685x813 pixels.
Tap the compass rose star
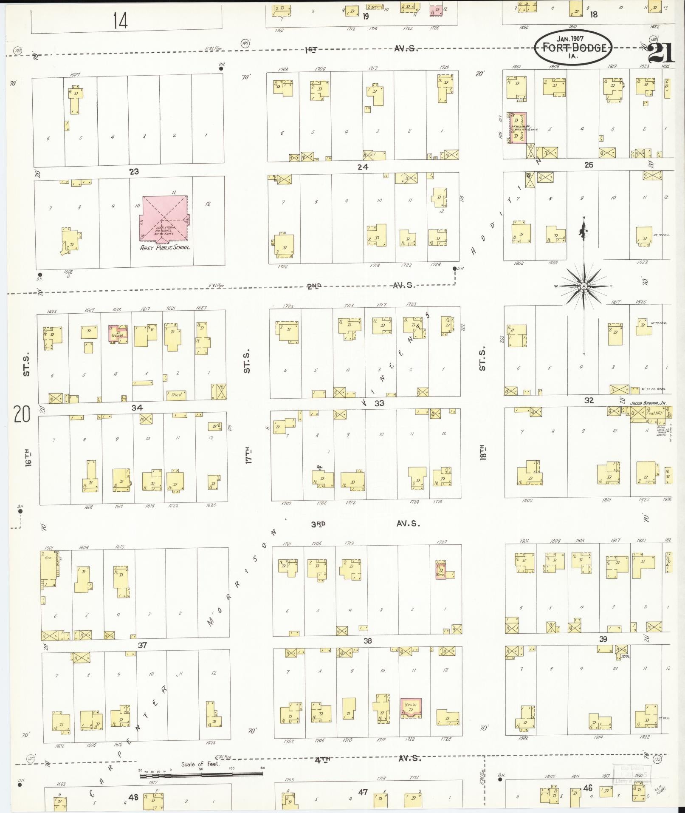[x=584, y=286]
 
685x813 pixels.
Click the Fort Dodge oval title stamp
[x=572, y=48]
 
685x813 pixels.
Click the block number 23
[x=134, y=172]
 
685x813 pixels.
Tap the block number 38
[x=367, y=640]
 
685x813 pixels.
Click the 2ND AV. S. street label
[x=361, y=286]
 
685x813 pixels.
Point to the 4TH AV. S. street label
[x=367, y=758]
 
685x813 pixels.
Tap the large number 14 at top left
[x=120, y=20]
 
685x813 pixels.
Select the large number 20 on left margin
[x=21, y=414]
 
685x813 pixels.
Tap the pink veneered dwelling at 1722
[x=411, y=708]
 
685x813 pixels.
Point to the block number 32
[x=589, y=400]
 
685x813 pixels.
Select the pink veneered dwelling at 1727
[x=440, y=570]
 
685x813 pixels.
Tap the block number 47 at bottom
[x=363, y=792]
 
